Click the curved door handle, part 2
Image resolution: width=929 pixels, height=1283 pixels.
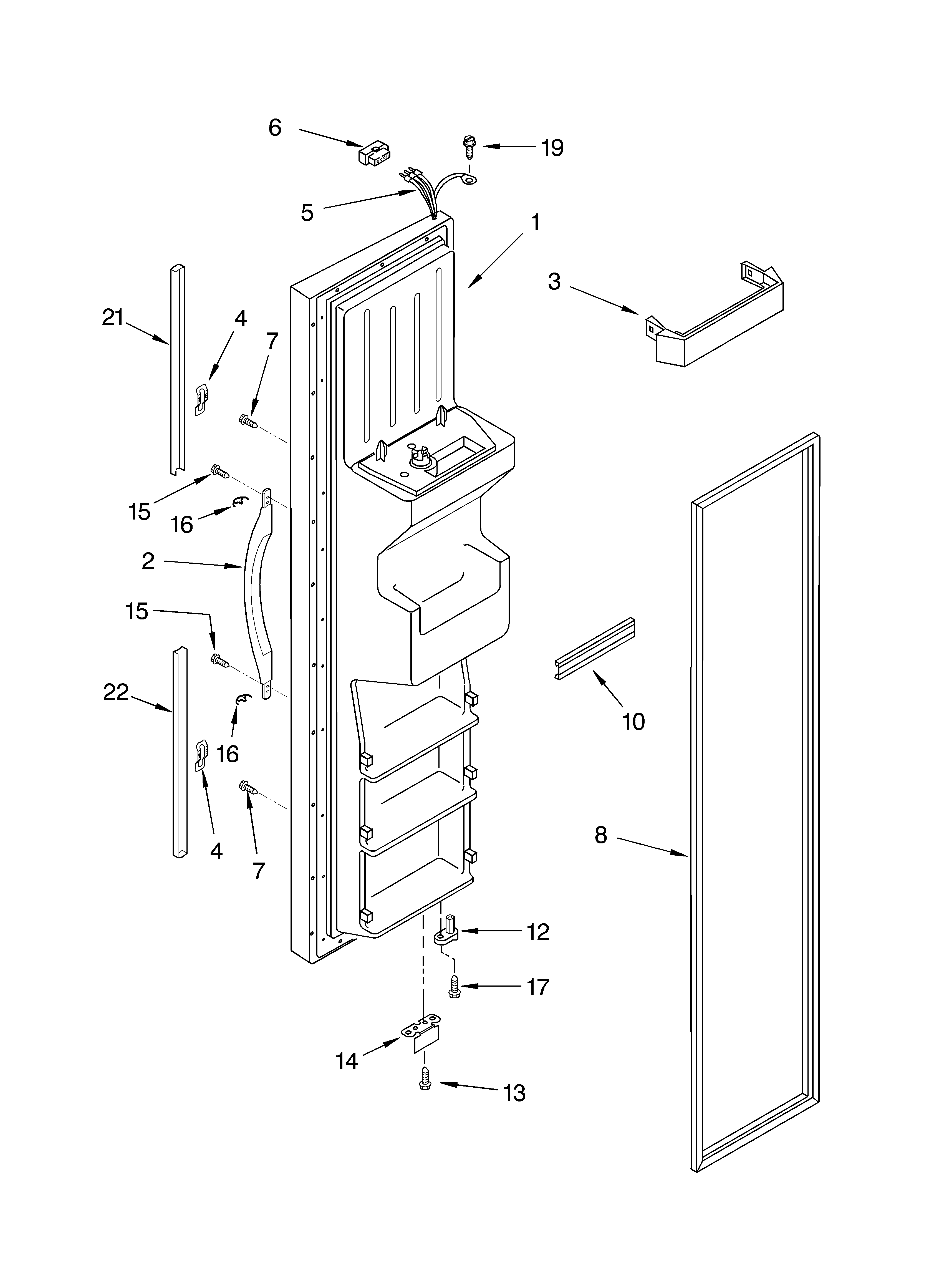point(258,594)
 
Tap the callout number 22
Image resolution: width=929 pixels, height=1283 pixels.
point(116,692)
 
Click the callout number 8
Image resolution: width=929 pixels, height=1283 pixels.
point(601,835)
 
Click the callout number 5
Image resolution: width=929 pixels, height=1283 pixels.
point(307,213)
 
